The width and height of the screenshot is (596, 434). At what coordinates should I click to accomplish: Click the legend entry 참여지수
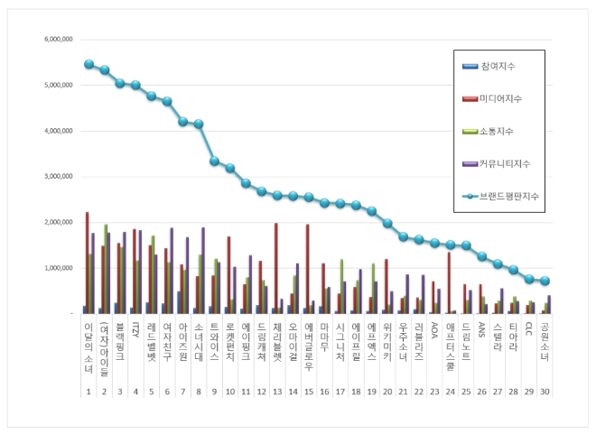coord(498,67)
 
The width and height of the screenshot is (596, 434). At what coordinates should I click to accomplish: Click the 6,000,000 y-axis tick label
coord(56,40)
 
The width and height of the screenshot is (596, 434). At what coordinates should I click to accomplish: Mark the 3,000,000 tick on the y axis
coord(56,177)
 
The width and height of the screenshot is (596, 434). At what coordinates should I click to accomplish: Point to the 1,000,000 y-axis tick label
coord(56,268)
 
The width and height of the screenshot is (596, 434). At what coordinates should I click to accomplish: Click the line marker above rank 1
coord(88,64)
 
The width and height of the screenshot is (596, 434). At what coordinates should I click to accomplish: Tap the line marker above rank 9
coord(214,161)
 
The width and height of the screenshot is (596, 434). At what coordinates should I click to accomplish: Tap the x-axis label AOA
coord(433,329)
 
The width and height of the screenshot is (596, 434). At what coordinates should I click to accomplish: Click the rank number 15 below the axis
coord(309,391)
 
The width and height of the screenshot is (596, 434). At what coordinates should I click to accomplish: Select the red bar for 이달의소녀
coord(87,263)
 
